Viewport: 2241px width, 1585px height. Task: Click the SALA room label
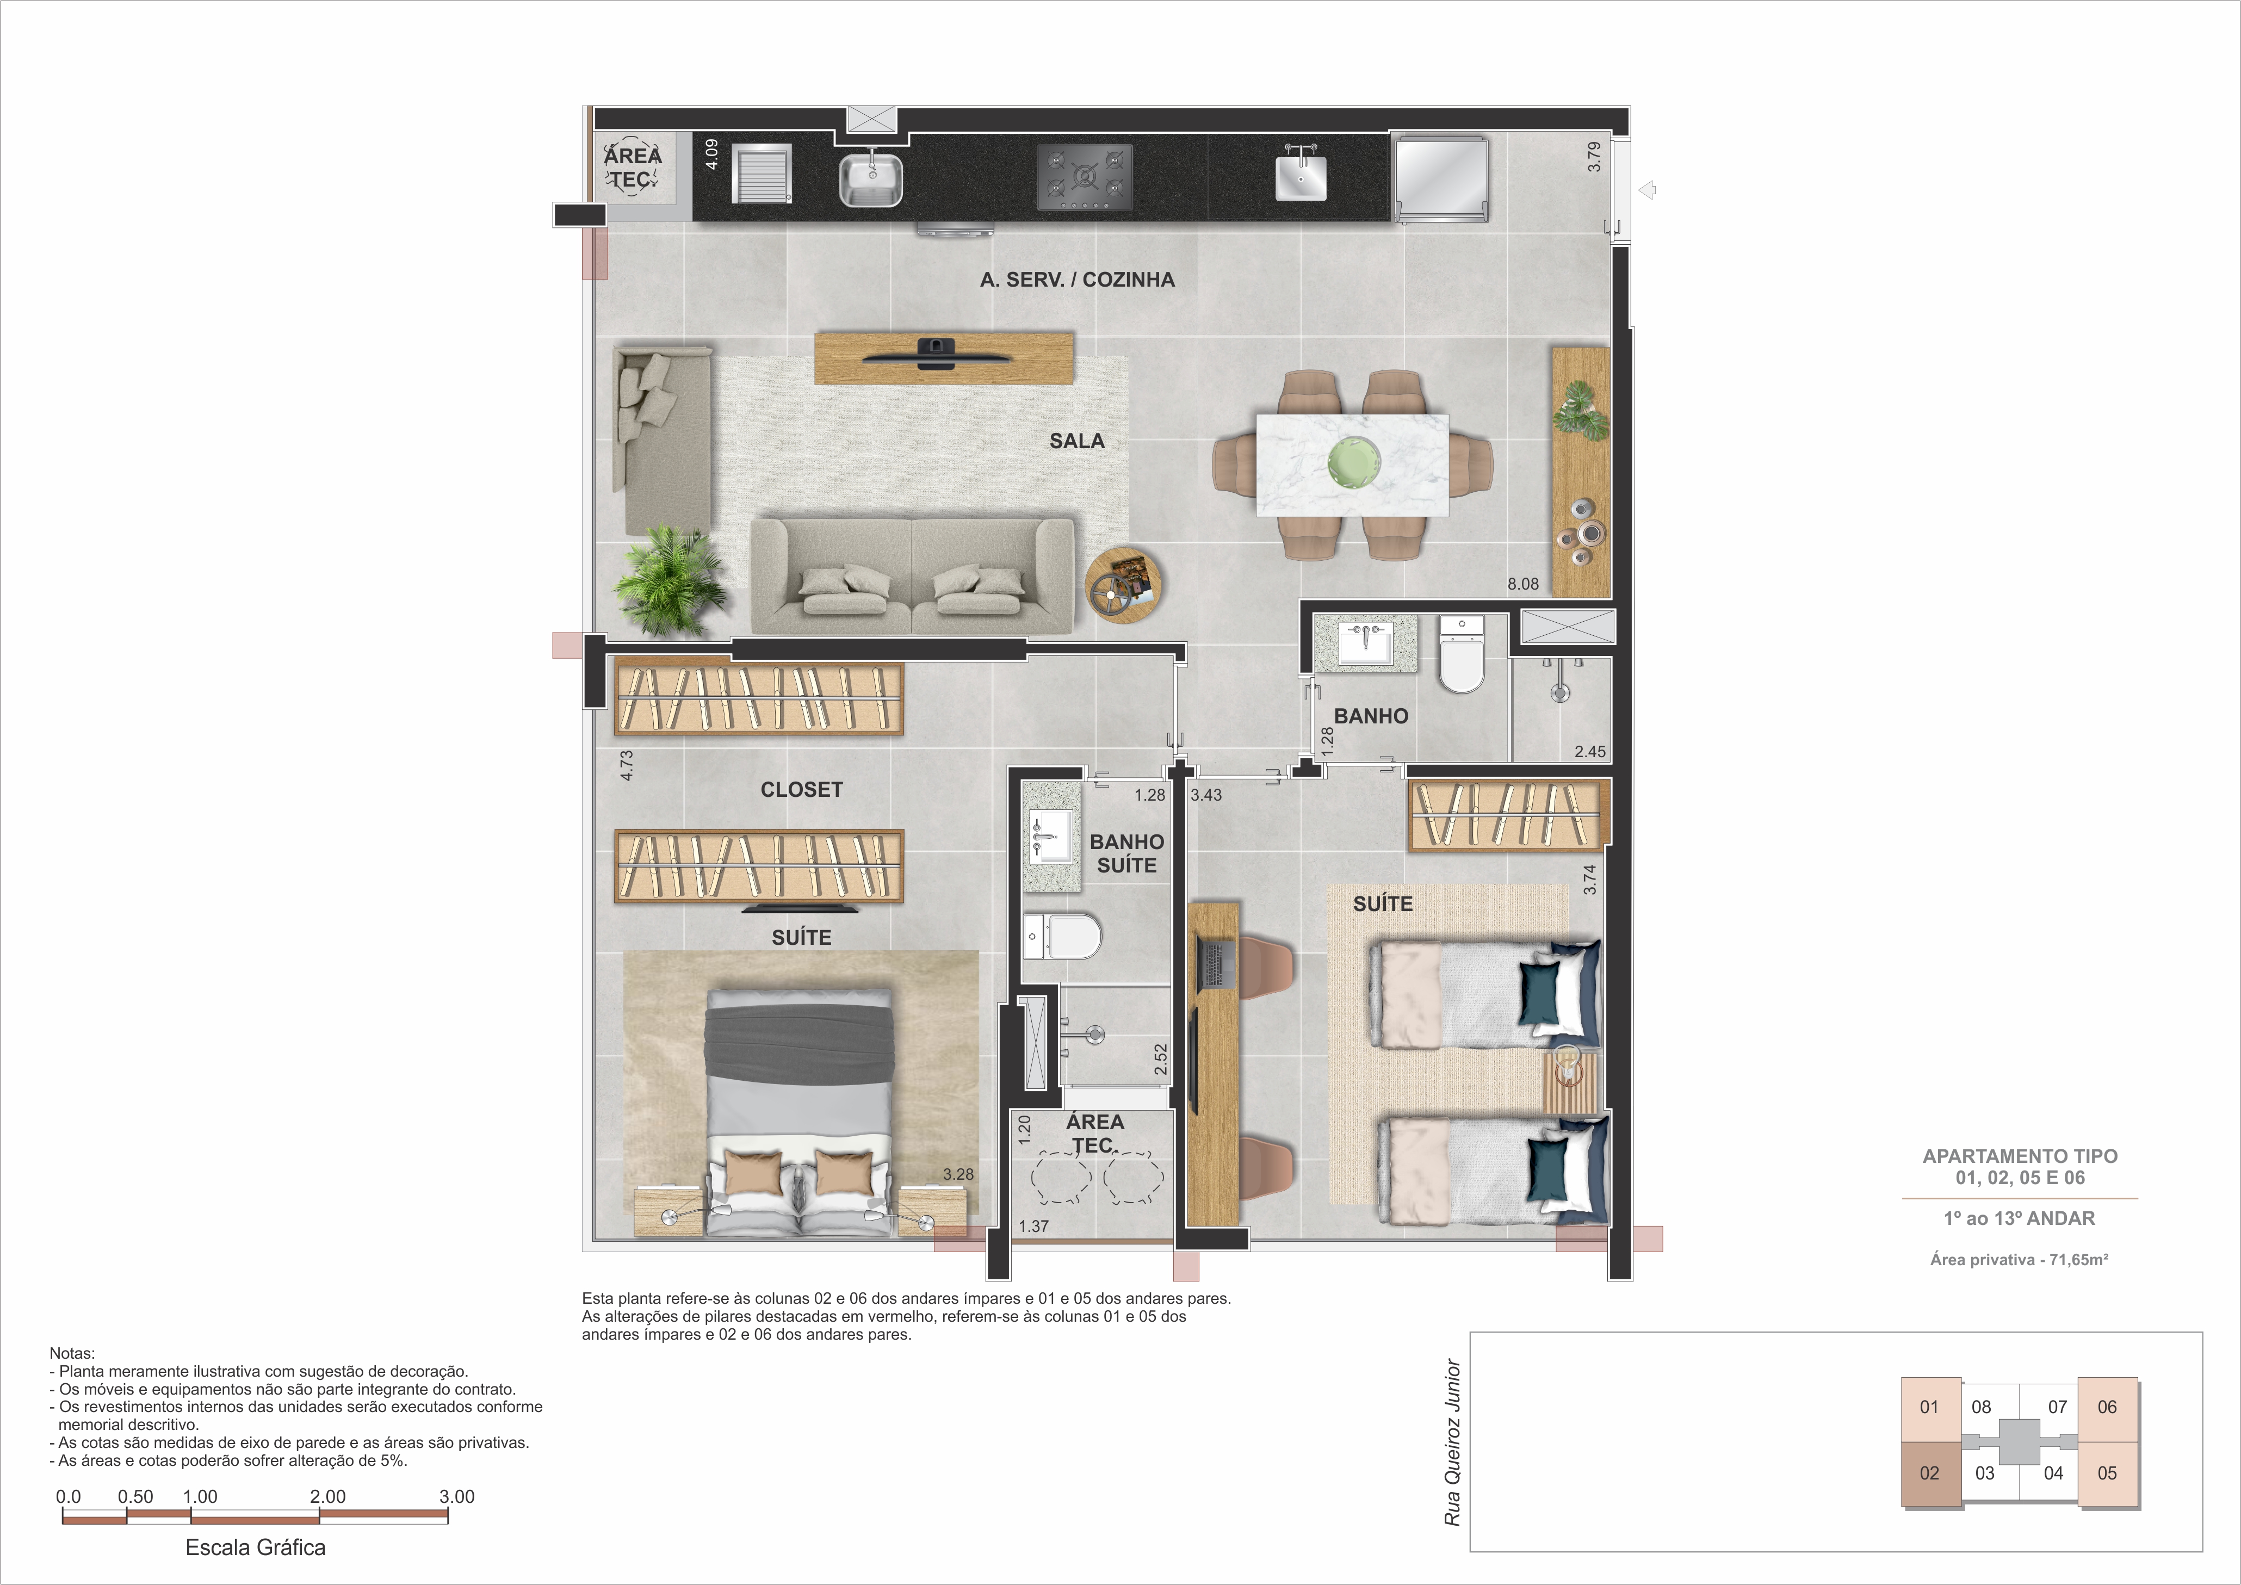coord(1076,441)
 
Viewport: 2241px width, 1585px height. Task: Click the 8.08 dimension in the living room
coord(1522,585)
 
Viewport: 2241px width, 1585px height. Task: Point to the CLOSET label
coord(801,790)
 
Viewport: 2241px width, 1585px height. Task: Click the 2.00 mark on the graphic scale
coord(328,1496)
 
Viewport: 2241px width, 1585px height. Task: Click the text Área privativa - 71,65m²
coord(2019,1260)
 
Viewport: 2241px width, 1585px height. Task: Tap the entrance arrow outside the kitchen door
coord(1648,190)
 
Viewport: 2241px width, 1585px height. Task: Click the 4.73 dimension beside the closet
coord(627,765)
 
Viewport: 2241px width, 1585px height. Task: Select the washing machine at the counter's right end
coord(1441,178)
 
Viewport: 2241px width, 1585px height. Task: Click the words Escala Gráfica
coord(256,1547)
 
